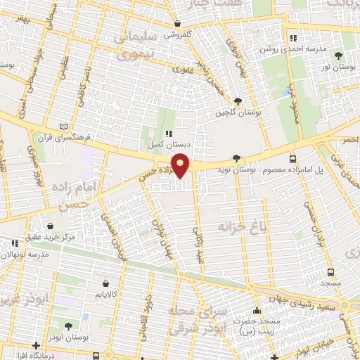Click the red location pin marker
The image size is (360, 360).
181,166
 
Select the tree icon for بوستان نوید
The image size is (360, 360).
236,159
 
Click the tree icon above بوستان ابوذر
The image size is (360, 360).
68,326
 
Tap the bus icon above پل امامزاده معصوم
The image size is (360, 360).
292,159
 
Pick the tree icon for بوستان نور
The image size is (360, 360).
339,55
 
